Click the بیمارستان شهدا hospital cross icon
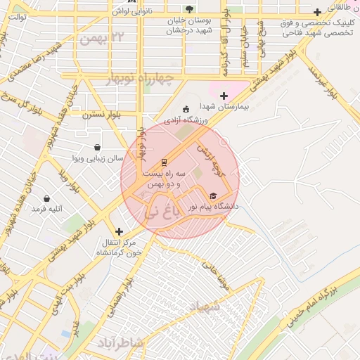[x=224, y=96]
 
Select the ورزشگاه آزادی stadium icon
[x=186, y=109]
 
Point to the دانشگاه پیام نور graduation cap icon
[x=214, y=196]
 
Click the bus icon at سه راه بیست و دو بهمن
[x=164, y=161]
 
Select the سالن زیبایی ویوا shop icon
[x=97, y=147]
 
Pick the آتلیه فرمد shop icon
[x=47, y=199]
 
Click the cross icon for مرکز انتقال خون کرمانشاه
[x=119, y=231]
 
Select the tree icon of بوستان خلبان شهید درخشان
[x=189, y=9]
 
